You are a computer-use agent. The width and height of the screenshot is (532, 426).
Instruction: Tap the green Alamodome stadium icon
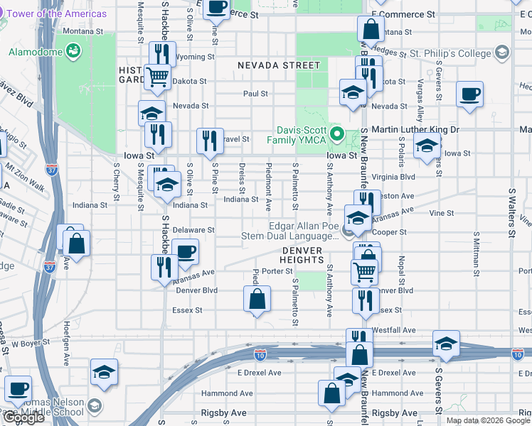point(72,51)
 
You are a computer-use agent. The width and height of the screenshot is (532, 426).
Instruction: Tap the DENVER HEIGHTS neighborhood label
point(302,256)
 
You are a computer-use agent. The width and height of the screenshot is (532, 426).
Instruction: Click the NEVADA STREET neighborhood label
point(279,65)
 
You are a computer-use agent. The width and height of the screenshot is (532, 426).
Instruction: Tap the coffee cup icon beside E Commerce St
point(218,7)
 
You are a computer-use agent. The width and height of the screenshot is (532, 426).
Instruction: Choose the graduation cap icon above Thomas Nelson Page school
point(104,371)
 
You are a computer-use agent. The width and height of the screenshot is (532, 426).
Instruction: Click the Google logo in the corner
point(23,417)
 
